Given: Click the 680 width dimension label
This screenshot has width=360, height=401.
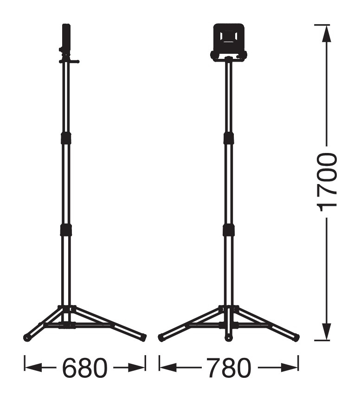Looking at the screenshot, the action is (84, 368).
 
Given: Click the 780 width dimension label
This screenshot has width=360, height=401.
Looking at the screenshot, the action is (229, 368).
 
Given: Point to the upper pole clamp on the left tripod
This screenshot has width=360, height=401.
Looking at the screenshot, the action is (66, 138).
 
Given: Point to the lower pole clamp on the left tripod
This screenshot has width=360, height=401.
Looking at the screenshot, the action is (66, 229).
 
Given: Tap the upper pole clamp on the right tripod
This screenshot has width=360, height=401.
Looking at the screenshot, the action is (229, 138).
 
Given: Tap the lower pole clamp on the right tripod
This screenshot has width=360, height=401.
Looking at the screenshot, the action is (229, 229).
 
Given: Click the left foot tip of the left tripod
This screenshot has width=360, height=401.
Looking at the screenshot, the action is (26, 337).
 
